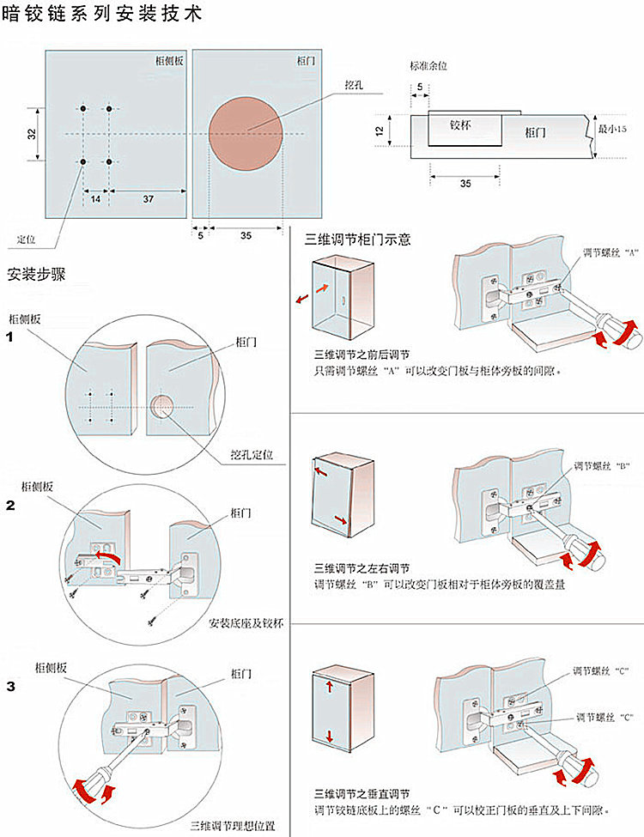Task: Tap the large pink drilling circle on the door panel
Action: coord(246,130)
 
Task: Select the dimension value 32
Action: coord(31,134)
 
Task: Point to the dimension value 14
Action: coord(95,198)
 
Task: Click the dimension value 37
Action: coord(148,198)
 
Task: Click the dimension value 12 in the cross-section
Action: coord(379,130)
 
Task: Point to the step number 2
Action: coord(10,506)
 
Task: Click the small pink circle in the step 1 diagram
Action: coord(161,405)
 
